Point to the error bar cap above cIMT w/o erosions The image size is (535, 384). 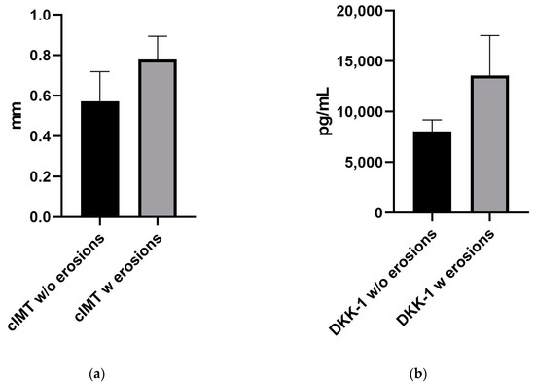tap(100, 71)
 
